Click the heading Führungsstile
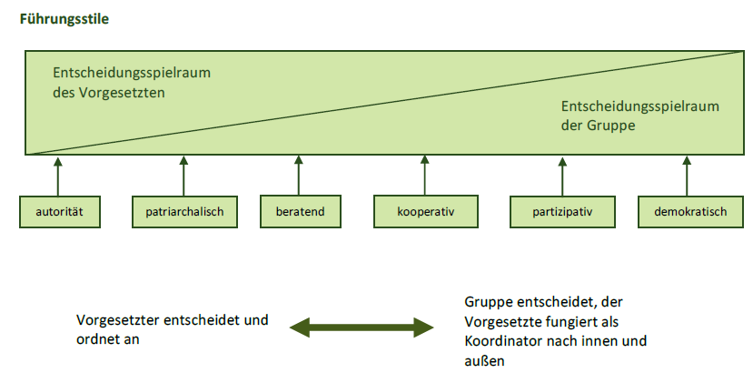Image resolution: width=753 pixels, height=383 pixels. tap(64, 19)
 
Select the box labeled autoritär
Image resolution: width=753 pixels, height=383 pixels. tap(60, 211)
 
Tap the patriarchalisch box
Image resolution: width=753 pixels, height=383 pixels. tap(185, 211)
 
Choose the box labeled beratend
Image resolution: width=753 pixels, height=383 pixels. tap(301, 211)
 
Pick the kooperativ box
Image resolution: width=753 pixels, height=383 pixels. tap(426, 211)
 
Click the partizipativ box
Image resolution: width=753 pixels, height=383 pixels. tap(562, 211)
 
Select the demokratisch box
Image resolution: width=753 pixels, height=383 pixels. tap(690, 211)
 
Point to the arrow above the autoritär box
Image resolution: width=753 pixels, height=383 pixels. tap(58, 176)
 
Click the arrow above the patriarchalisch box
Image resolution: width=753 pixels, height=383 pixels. tap(183, 176)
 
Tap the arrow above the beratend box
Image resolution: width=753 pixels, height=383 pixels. tap(298, 176)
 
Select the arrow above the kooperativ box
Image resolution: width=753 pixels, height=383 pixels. tap(424, 176)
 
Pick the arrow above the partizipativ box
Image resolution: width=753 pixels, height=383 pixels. tap(562, 176)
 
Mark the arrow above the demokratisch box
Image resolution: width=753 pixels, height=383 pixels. tap(687, 176)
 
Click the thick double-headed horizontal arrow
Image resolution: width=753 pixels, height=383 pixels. tap(362, 328)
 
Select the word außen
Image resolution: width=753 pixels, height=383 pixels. tap(484, 361)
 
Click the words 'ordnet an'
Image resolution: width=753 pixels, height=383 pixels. tap(107, 339)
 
